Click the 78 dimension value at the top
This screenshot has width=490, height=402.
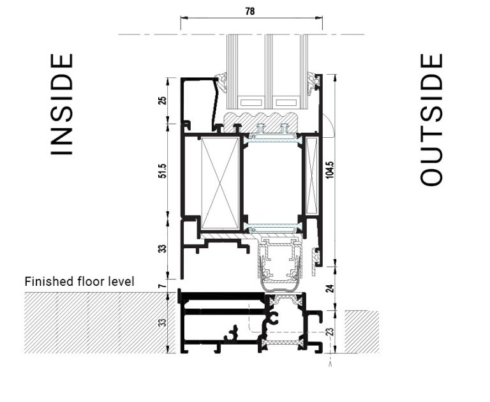[250, 11]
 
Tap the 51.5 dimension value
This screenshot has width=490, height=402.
[162, 171]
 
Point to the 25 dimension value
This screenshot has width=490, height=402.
[162, 100]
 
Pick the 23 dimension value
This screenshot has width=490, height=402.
[330, 332]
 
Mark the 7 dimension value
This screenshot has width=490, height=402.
[162, 285]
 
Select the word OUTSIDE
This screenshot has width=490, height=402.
[432, 120]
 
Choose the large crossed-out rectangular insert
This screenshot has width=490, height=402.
[219, 182]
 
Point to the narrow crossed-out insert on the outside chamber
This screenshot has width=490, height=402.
[311, 175]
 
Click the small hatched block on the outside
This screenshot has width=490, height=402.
[361, 331]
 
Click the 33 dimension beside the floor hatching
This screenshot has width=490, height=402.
[162, 322]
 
